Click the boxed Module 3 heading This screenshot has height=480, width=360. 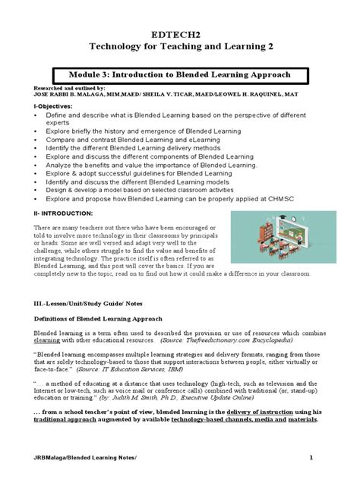point(180,76)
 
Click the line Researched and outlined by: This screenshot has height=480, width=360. point(56,89)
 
